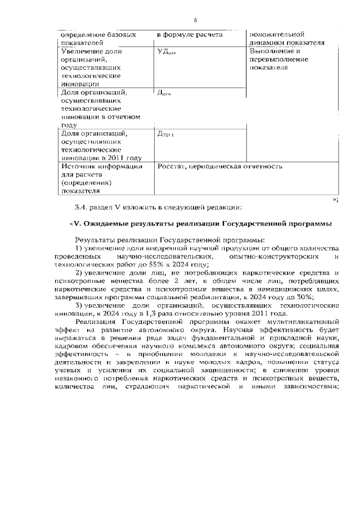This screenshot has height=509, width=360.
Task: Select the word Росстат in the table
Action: (x=171, y=166)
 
